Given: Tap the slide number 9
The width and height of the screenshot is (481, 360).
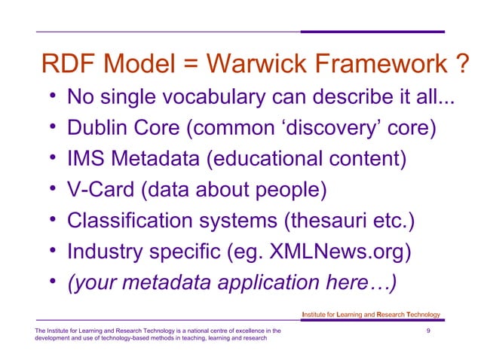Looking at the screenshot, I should [428, 331].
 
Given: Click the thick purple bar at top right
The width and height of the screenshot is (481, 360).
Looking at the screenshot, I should [373, 32].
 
